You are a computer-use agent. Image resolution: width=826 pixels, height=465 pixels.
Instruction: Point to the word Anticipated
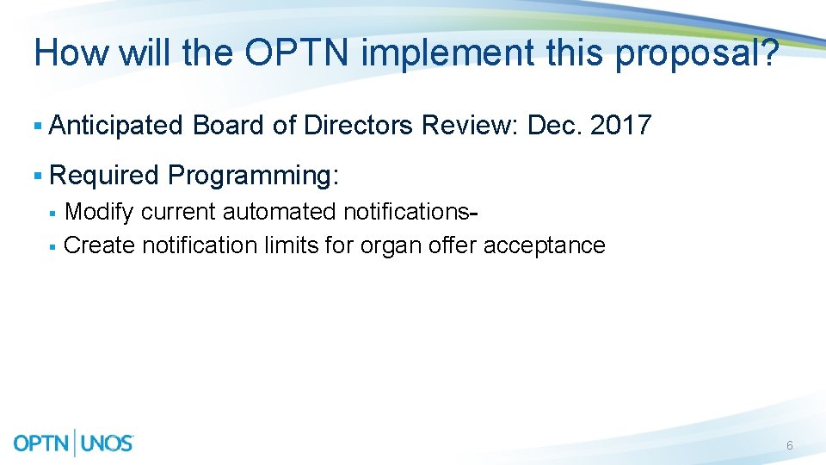coord(117,126)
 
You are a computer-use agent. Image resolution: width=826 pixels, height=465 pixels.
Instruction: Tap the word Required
coord(105,176)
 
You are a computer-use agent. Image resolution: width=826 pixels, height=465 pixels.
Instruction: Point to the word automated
coord(279,212)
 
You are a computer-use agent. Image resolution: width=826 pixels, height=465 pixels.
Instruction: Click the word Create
coord(100,245)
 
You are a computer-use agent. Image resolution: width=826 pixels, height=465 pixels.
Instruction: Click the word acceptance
coord(544,245)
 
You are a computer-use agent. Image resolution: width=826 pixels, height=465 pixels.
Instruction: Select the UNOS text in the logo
coord(107,443)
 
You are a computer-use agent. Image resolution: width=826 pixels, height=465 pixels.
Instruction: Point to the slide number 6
coord(789,445)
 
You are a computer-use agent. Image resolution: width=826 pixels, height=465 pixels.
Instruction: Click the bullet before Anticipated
coord(37,127)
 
